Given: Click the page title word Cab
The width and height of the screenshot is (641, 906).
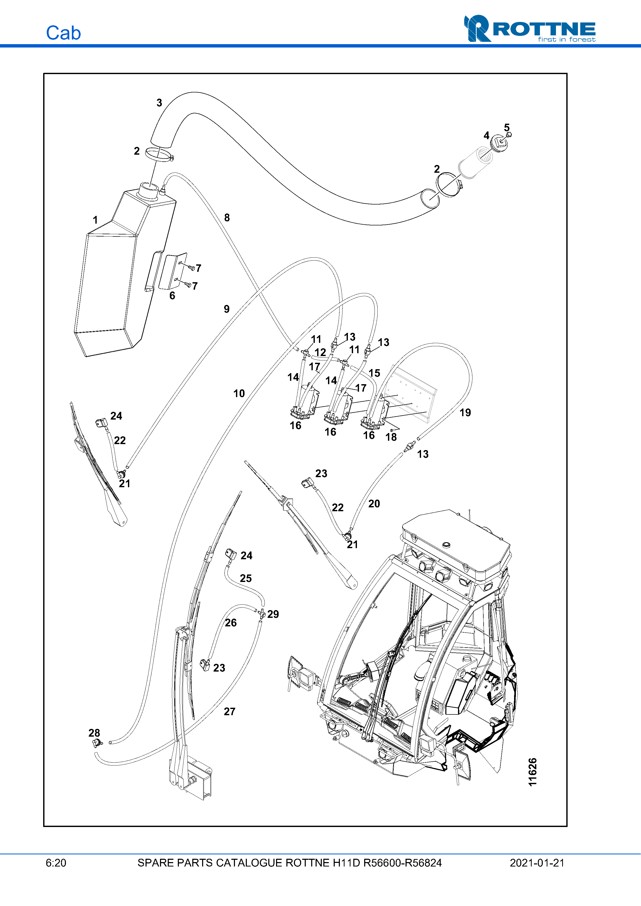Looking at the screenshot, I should point(63,33).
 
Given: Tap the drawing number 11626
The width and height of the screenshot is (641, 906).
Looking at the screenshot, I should point(532,771).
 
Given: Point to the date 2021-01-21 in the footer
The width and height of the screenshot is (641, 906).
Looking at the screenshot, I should point(537,863).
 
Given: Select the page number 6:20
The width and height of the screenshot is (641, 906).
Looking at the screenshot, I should point(56,863).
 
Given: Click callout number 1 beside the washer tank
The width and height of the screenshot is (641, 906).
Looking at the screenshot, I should point(95,220).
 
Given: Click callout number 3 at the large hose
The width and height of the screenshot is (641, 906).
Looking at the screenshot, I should point(159,103).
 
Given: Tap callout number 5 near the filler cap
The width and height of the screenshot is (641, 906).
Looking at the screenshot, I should point(507,128).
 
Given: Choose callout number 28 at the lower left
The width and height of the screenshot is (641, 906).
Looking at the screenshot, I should point(94,733).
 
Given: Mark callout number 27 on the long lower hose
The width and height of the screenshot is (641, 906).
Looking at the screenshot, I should point(230,712).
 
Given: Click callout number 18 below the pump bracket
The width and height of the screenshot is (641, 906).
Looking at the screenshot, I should point(391,437).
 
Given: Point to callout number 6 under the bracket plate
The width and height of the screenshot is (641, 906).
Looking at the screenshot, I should point(172,296).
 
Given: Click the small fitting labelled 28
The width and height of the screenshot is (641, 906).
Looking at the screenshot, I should point(96,743).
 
